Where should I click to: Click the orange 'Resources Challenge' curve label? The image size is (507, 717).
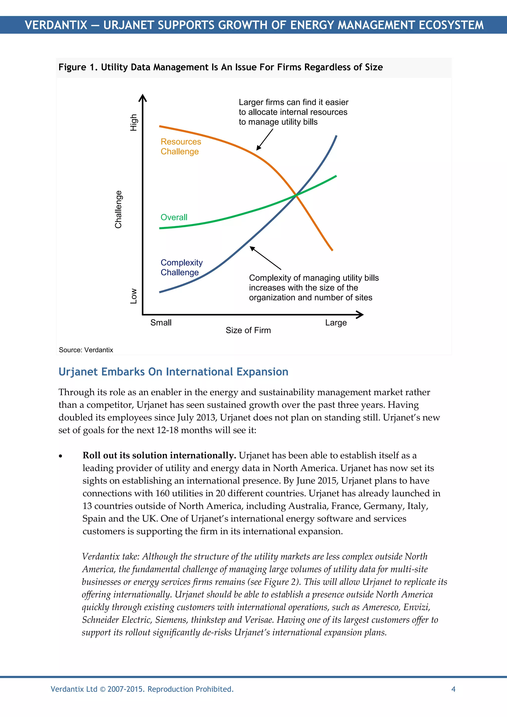(180, 147)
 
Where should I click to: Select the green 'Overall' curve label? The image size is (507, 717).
(174, 217)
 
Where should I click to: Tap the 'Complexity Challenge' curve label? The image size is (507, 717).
(181, 267)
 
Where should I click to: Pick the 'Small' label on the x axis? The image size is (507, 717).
(161, 323)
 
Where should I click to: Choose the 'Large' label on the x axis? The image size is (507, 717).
(336, 323)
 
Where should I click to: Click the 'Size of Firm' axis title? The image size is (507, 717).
(248, 330)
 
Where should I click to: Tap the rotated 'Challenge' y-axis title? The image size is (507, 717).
(118, 209)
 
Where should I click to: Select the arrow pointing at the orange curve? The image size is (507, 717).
(264, 140)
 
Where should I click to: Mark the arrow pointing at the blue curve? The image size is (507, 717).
(265, 258)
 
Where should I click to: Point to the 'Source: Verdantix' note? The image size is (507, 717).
(86, 350)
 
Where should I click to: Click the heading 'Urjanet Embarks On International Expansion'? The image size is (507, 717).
(173, 372)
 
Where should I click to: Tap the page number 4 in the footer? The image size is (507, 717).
(453, 689)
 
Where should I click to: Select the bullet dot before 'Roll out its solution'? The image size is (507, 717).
(61, 456)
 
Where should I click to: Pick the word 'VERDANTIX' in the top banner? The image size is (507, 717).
(56, 25)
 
